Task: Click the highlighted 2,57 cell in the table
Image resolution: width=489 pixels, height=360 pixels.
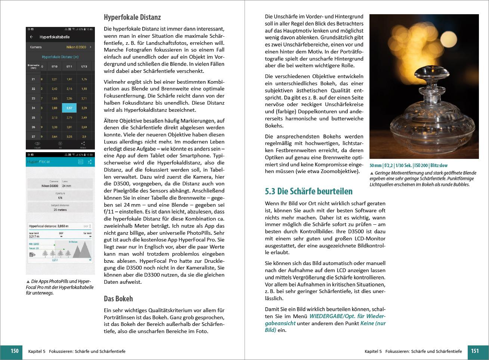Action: [x=69, y=108]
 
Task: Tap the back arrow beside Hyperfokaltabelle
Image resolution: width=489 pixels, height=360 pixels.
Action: [x=31, y=37]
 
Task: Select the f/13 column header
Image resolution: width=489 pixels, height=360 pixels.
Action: [x=84, y=67]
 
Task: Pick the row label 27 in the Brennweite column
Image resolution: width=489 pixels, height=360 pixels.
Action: [x=33, y=137]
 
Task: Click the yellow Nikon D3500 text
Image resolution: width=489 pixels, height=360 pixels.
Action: [x=76, y=47]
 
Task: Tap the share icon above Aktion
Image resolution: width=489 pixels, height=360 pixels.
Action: [x=83, y=144]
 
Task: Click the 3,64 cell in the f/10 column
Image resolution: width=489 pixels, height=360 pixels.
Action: [x=54, y=137]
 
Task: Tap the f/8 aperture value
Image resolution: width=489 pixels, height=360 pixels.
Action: [x=60, y=198]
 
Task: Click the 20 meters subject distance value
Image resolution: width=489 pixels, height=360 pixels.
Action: [x=60, y=210]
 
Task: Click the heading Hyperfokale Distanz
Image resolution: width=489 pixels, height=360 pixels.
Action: [x=132, y=17]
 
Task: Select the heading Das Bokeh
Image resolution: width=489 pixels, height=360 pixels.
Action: [x=118, y=299]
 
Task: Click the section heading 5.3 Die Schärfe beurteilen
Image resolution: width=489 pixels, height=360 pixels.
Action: [x=309, y=191]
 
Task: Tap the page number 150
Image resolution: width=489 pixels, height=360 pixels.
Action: [x=14, y=351]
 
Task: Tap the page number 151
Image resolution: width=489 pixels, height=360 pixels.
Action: [x=474, y=351]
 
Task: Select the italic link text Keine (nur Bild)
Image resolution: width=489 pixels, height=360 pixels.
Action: [x=325, y=327]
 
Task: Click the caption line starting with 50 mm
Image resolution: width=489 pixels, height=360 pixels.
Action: [x=408, y=165]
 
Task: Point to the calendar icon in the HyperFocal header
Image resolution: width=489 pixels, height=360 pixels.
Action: [x=80, y=161]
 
